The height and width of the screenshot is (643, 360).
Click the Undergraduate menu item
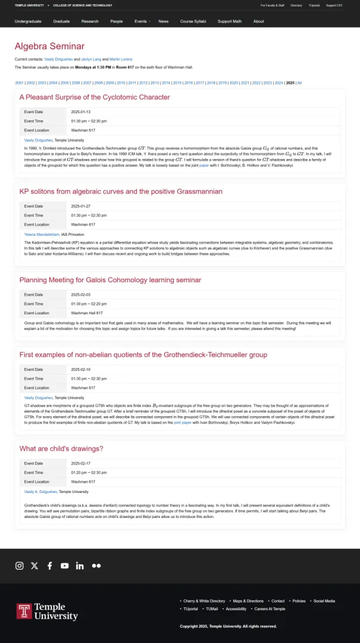coord(28,21)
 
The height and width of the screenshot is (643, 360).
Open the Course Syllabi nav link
coord(193,21)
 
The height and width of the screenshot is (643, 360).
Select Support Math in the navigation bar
coord(230,21)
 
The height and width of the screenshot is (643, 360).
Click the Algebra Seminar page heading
coord(49,46)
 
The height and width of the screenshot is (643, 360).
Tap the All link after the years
coord(299,83)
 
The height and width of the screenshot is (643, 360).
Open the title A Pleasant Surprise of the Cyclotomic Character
coord(95,97)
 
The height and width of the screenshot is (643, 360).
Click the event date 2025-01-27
coord(81,206)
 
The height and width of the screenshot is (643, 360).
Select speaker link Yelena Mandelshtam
coord(42,235)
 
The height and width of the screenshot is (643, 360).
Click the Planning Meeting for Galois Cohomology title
coord(110,280)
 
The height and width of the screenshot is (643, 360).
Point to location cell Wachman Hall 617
coord(87,313)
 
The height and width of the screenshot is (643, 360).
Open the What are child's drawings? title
coord(61,448)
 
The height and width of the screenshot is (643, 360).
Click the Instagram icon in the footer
coord(19,566)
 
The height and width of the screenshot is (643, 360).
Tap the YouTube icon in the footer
coord(64,566)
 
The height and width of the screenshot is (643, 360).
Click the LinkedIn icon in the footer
coord(80,566)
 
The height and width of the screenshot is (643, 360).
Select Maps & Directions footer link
coord(248,601)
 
